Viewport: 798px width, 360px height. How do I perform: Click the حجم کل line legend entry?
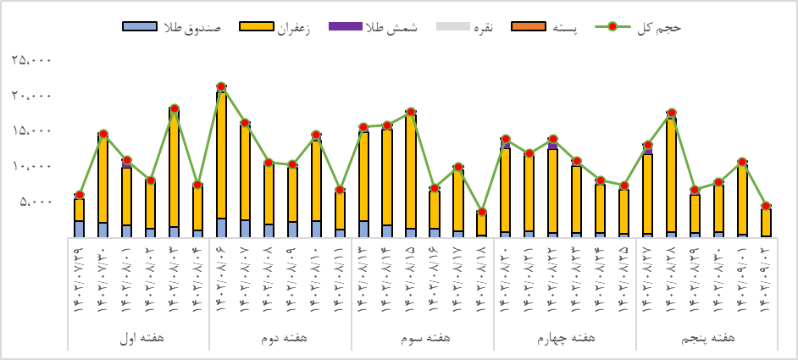(x=645, y=27)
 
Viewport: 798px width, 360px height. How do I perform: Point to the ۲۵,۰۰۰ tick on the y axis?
(x=32, y=60)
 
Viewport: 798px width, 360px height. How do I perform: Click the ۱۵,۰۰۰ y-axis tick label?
(x=32, y=130)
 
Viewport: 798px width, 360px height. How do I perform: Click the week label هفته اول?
(x=140, y=338)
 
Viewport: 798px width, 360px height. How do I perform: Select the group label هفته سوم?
(x=423, y=338)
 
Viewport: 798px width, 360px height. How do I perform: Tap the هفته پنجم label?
(x=708, y=338)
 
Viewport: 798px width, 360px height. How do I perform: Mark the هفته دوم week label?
(x=280, y=338)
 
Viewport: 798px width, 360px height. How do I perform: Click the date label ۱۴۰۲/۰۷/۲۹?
(x=79, y=276)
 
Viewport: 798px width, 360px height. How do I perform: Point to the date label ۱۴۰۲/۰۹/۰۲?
(x=766, y=276)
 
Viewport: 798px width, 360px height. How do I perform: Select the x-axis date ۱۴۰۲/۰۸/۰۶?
(x=221, y=276)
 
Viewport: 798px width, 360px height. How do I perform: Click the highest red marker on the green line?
(x=221, y=86)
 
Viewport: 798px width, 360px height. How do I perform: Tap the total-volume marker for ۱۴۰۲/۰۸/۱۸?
(x=481, y=212)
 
